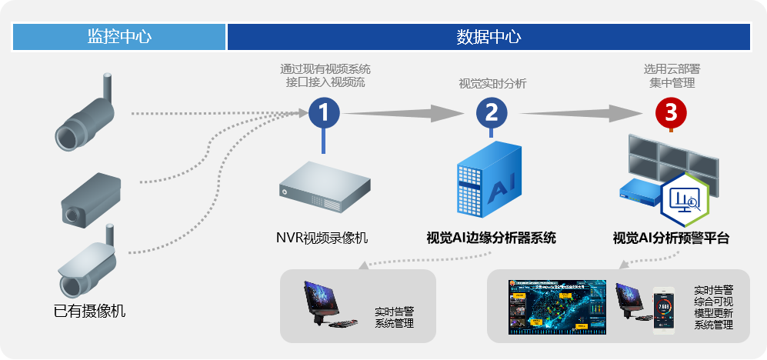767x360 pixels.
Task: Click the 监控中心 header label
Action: pos(119,36)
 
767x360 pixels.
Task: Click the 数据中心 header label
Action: pos(489,36)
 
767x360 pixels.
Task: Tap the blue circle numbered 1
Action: pos(324,113)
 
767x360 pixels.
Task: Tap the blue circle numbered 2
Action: pos(491,113)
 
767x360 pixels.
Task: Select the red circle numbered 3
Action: pos(671,113)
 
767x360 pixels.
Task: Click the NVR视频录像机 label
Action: pos(322,238)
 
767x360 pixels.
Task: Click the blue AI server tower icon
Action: pos(489,182)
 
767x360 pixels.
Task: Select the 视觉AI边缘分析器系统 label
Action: pos(491,238)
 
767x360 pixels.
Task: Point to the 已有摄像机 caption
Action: pos(89,312)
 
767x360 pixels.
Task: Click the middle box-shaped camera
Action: pos(91,197)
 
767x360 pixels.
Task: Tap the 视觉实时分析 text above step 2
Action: pos(492,84)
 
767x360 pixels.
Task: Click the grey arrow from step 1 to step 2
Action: pos(406,113)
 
